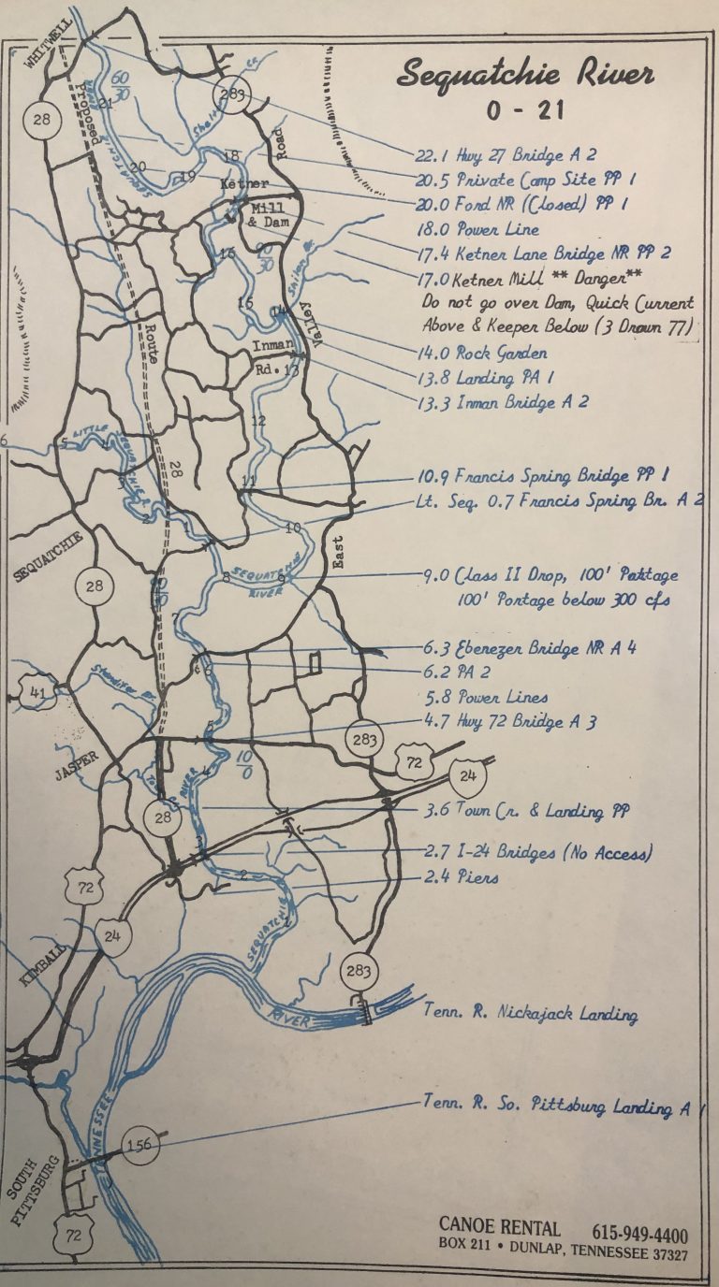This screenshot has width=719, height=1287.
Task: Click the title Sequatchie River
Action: [524, 73]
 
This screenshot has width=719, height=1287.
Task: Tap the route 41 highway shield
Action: [35, 693]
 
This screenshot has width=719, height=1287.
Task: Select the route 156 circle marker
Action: [139, 1144]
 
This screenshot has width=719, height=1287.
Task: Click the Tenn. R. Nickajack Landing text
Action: [530, 1013]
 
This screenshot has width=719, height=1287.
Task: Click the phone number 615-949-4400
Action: [639, 1234]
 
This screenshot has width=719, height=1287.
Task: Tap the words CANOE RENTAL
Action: [499, 1227]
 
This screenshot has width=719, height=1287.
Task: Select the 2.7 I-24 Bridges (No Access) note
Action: [532, 852]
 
